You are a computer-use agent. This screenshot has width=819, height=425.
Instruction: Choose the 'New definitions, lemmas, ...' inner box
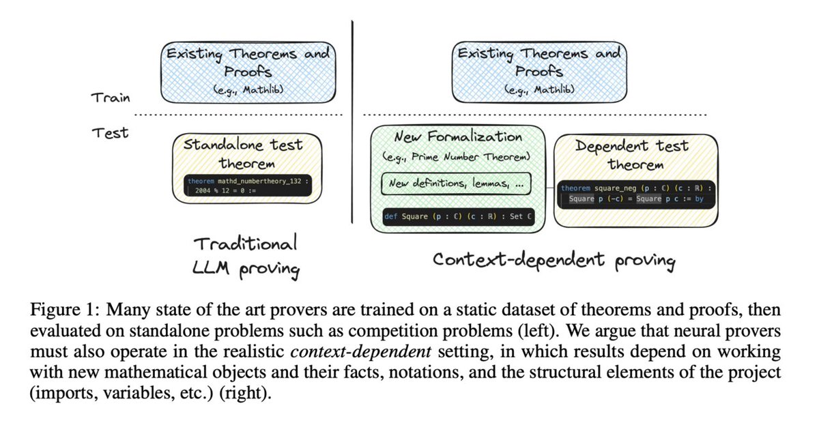[x=457, y=184]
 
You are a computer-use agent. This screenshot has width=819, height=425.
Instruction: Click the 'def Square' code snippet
[x=457, y=216]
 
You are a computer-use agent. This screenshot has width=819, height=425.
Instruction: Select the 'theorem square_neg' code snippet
[x=635, y=193]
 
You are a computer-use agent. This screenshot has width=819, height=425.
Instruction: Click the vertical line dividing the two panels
[x=352, y=123]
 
